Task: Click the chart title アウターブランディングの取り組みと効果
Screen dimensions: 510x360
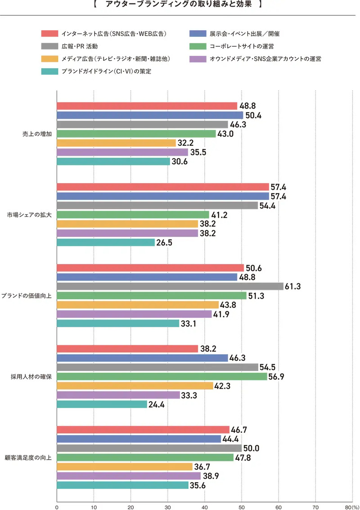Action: (x=180, y=6)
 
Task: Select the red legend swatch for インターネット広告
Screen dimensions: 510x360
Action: (x=49, y=33)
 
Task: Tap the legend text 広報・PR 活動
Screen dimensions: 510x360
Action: (x=79, y=46)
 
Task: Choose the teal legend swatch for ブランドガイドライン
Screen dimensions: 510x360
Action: (x=49, y=71)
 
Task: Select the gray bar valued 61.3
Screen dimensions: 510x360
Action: (x=170, y=286)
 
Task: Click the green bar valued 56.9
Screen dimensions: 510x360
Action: (x=162, y=376)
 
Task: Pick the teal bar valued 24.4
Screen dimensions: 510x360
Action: (x=102, y=404)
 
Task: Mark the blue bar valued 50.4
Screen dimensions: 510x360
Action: (x=150, y=115)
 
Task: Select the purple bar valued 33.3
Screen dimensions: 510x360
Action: (x=118, y=395)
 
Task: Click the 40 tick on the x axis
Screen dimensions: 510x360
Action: (x=205, y=506)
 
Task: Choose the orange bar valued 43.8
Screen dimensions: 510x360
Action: (x=138, y=305)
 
